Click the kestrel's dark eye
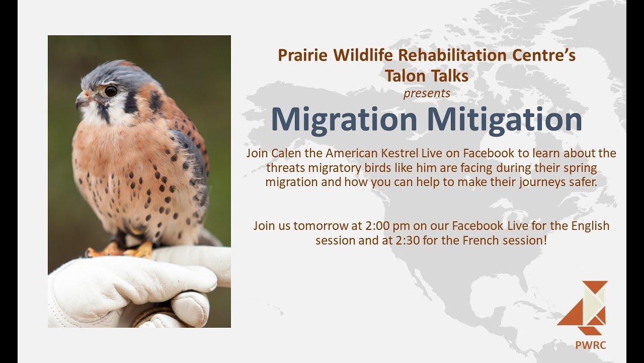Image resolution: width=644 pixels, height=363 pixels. (x=111, y=91)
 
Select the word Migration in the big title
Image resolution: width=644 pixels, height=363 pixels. (x=344, y=119)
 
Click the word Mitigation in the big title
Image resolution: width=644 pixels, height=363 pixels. (x=505, y=119)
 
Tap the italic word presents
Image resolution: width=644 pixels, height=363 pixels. (x=427, y=93)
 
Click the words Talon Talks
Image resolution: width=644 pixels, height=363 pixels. (x=427, y=76)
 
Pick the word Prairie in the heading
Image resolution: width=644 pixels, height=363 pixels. (x=302, y=55)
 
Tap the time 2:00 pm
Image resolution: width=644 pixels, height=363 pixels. (x=387, y=225)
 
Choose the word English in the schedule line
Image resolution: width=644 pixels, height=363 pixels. (x=590, y=226)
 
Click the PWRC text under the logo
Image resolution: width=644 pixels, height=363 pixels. (x=591, y=345)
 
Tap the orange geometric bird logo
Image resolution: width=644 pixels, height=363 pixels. (x=583, y=308)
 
